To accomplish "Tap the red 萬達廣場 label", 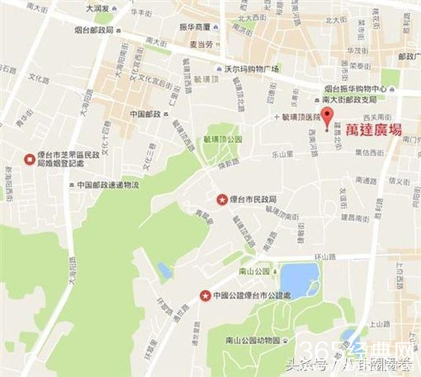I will (x=373, y=130).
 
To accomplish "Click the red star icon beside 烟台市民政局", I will (x=222, y=198).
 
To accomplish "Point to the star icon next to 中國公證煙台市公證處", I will (x=205, y=295).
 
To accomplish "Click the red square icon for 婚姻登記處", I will (x=29, y=159).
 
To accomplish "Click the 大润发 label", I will (x=98, y=10).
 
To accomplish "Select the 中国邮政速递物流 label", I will (x=107, y=185).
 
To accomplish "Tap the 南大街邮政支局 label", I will (x=354, y=100).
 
